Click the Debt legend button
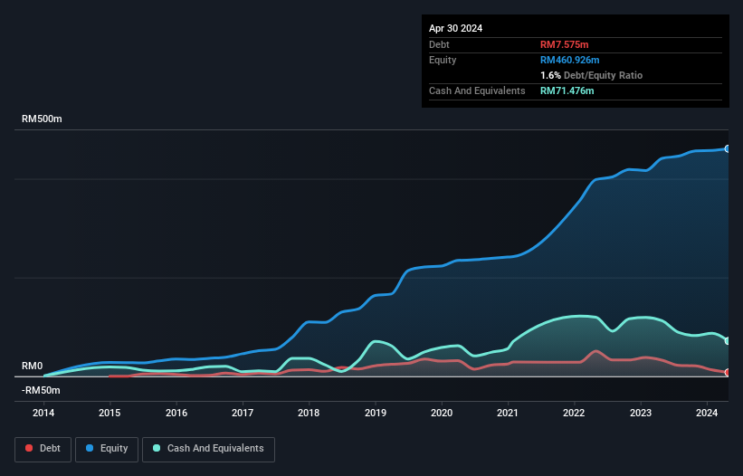[x=42, y=448]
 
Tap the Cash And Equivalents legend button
[x=208, y=448]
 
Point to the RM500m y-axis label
[x=42, y=119]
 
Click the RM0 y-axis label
[x=32, y=366]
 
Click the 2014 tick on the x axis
[x=43, y=414]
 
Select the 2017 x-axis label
[x=243, y=414]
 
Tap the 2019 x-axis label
[x=376, y=414]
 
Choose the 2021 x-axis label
[x=508, y=414]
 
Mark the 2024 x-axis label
[x=707, y=414]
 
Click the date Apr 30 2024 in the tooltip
[x=455, y=28]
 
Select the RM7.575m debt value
[x=565, y=44]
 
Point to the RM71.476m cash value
[x=567, y=90]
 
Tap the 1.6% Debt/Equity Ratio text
[x=591, y=75]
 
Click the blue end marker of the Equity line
[x=727, y=148]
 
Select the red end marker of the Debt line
[x=727, y=372]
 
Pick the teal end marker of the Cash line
[x=727, y=341]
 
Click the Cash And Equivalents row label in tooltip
[x=477, y=90]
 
